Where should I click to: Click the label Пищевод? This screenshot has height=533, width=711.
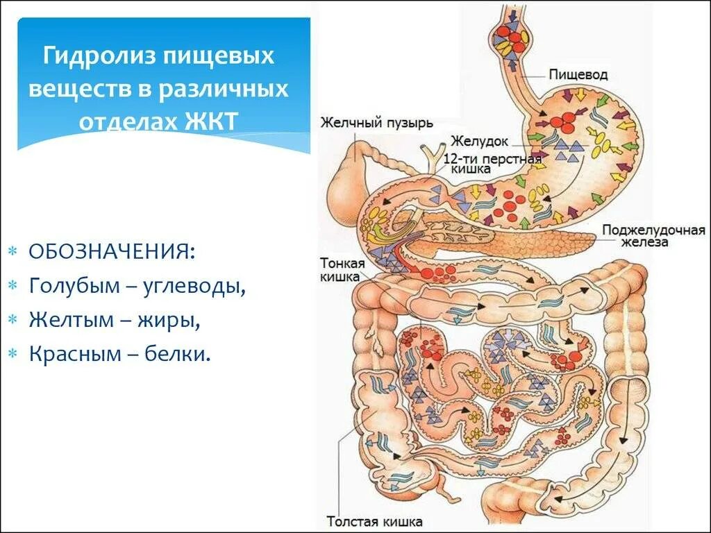578,74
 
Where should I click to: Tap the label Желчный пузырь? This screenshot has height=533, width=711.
376,124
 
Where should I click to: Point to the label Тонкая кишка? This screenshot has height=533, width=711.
340,269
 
